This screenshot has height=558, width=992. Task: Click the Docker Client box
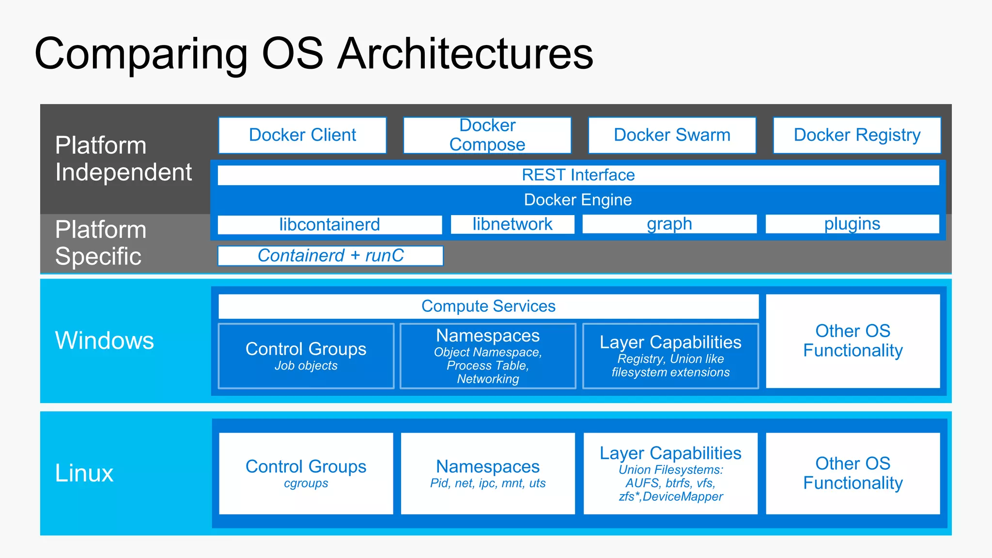click(x=302, y=135)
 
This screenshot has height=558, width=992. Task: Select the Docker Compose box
click(x=487, y=135)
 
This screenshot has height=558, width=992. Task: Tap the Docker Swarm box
click(x=672, y=135)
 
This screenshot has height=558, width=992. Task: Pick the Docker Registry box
click(x=857, y=135)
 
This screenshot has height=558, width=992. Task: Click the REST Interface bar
click(x=578, y=175)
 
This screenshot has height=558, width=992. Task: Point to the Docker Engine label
click(x=578, y=200)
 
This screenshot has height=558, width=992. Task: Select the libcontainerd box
click(x=329, y=225)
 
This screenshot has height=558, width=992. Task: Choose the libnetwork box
click(x=512, y=224)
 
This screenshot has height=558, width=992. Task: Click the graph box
click(x=669, y=224)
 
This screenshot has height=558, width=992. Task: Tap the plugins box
click(x=852, y=224)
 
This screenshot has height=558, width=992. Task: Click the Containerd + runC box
click(x=330, y=256)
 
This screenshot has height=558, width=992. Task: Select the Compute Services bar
click(x=488, y=306)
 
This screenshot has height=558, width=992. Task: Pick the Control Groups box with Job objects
click(x=306, y=356)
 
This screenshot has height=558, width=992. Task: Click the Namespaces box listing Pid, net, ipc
click(x=488, y=473)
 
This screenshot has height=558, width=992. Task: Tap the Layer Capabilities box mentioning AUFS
click(x=670, y=473)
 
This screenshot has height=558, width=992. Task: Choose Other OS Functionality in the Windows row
click(x=852, y=341)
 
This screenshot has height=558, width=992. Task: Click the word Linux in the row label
click(x=84, y=473)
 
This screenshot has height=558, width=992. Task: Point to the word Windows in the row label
click(x=105, y=340)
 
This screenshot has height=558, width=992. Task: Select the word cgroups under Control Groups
click(x=306, y=483)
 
